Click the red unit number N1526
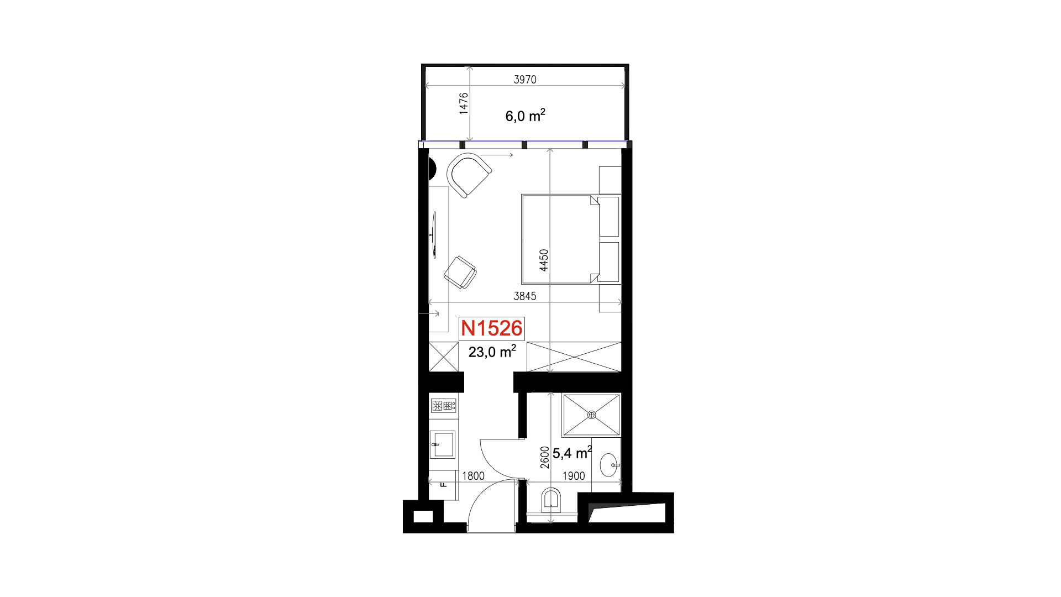click(491, 328)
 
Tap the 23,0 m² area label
click(492, 352)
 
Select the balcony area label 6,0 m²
click(525, 116)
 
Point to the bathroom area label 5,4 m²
click(572, 453)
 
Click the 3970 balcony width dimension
click(525, 80)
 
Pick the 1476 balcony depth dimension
click(464, 103)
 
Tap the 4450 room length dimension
click(544, 260)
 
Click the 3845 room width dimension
click(525, 296)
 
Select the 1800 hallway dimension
click(473, 476)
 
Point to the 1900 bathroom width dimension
click(574, 476)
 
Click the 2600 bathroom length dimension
click(545, 457)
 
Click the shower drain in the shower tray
click(591, 415)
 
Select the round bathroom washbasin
click(609, 465)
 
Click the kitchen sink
click(443, 444)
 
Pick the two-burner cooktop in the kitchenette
click(444, 406)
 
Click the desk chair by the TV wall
click(460, 272)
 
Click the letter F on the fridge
click(444, 485)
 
